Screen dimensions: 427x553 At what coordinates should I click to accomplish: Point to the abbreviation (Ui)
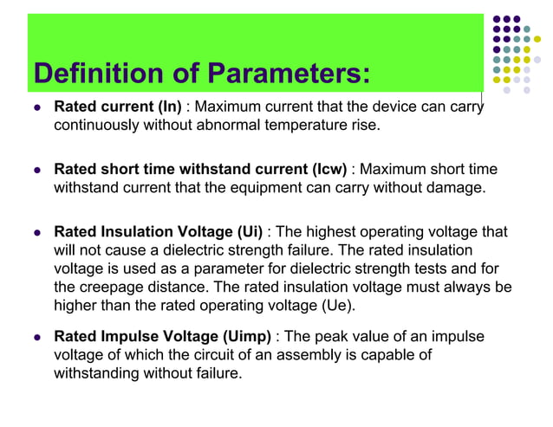click(x=246, y=231)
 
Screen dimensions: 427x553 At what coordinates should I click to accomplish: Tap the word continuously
click(x=95, y=126)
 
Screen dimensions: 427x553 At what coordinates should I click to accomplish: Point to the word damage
click(x=454, y=186)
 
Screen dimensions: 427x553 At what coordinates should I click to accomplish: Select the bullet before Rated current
click(x=35, y=109)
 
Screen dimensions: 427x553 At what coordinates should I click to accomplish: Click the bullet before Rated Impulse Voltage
click(x=35, y=337)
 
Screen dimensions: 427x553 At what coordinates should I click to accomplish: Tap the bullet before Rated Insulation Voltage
click(x=35, y=232)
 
